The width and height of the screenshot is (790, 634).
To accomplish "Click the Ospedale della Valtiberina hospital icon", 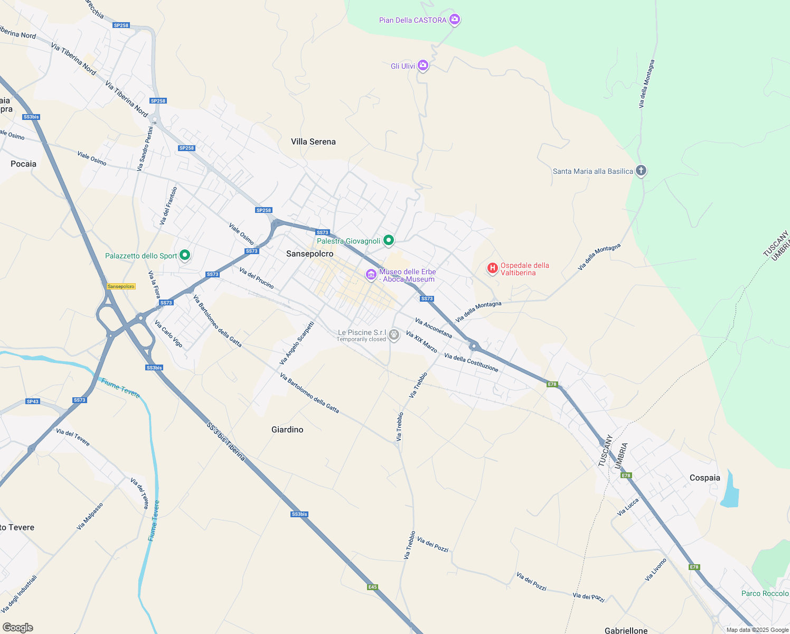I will tap(492, 268).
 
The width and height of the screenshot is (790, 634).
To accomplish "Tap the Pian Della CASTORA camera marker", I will tap(454, 20).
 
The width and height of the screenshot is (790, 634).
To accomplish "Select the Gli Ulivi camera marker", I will tap(422, 66).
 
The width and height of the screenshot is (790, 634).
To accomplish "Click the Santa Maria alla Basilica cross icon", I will tap(641, 171).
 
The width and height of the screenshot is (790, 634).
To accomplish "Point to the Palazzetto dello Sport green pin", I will tap(185, 255).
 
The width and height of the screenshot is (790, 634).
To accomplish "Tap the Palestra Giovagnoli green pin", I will tap(389, 240).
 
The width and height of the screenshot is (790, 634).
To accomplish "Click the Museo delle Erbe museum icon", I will tap(371, 275).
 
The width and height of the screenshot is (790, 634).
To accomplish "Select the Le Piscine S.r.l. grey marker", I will tap(394, 334).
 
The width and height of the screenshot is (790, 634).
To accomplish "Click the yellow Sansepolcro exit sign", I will tap(121, 286).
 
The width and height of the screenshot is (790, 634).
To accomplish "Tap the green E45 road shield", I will tap(373, 587).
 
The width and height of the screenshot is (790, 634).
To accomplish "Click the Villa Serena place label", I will tap(313, 142).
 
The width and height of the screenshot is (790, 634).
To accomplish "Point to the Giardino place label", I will tap(287, 430).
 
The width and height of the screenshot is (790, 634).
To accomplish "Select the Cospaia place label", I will tap(704, 478).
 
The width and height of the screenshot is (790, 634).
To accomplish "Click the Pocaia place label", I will tap(24, 164).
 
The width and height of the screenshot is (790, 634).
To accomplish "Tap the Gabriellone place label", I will tap(626, 630).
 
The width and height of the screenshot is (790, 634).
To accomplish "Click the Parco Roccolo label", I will tap(765, 593).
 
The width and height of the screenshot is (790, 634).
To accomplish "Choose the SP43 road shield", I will tap(33, 402).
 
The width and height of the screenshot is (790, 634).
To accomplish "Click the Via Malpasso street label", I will tap(90, 516).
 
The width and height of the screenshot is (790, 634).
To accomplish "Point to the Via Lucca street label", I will tap(628, 507).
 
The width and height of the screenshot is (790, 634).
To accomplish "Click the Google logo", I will tap(18, 628).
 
